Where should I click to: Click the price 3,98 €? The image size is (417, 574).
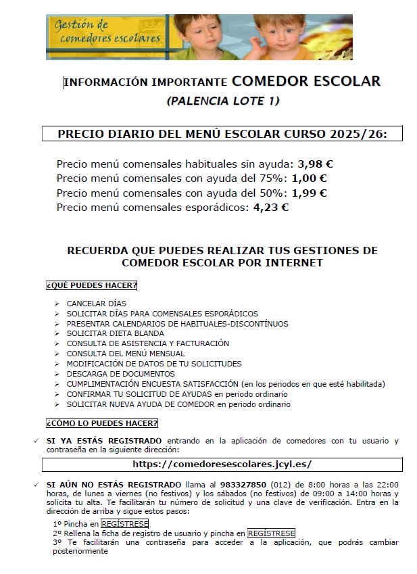pos(316,164)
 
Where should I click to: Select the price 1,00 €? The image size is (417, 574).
pos(310,178)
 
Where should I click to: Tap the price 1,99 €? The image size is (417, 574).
pos(310,193)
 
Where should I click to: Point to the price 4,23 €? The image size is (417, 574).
pos(270,208)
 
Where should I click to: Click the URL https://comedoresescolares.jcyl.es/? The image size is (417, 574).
pos(222,464)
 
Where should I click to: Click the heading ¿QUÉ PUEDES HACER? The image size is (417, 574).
pos(91,285)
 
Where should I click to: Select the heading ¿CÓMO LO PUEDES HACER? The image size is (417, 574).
pos(101,424)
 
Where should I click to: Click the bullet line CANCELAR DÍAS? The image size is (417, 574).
pos(96,304)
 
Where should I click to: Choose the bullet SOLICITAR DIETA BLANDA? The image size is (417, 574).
pos(115,333)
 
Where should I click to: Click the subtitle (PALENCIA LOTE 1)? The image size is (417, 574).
pos(222,101)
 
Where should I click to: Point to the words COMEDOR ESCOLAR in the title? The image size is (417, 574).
pos(305,82)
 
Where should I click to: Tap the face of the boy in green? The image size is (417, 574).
pos(199,30)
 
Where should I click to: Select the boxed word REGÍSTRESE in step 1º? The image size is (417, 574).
pos(124,523)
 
